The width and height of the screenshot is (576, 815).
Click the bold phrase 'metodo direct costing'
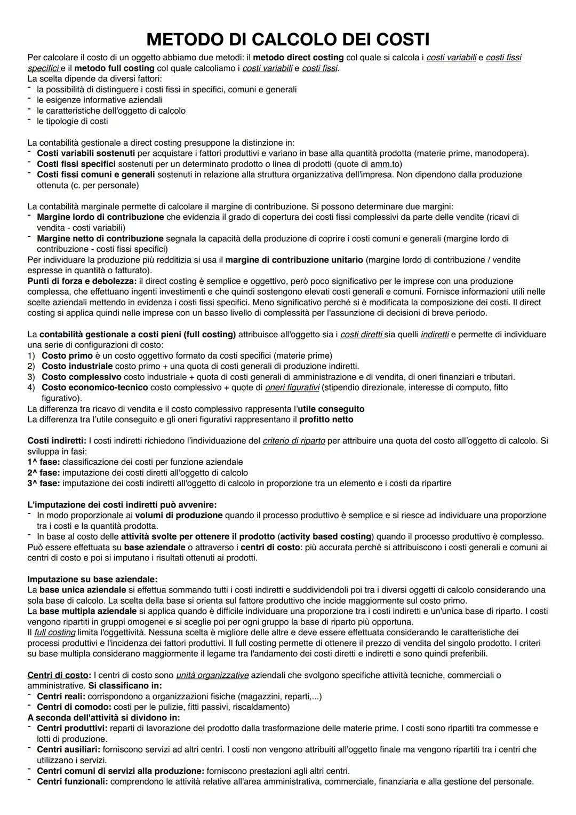[298, 58]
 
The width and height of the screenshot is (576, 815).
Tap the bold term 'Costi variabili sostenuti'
[85, 154]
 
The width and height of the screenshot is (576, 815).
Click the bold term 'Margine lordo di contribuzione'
[100, 217]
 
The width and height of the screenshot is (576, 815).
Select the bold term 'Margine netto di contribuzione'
[100, 239]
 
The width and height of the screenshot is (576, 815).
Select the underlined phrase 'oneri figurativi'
[292, 387]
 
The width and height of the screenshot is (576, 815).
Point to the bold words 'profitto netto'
[326, 420]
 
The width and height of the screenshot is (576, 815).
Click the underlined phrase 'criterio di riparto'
[294, 441]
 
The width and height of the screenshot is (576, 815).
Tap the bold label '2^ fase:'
[43, 473]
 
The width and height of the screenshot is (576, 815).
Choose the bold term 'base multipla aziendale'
[88, 611]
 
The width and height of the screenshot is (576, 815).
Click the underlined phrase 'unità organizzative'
[212, 675]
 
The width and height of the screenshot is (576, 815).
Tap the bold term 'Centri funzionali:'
[72, 781]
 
